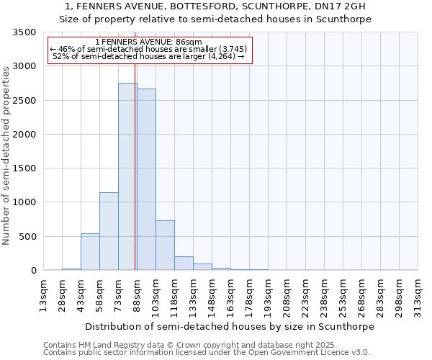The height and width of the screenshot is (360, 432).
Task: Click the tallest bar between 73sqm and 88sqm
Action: coord(127,176)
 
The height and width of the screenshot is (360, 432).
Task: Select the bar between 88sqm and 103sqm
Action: coord(146,179)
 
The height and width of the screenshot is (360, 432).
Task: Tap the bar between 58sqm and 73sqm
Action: coord(109,231)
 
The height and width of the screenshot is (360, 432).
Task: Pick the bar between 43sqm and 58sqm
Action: coord(90,252)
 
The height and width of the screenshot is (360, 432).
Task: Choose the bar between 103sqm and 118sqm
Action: coord(165,245)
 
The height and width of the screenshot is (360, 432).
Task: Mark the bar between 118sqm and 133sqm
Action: coord(184,263)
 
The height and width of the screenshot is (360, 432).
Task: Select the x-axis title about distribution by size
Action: coord(230,326)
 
